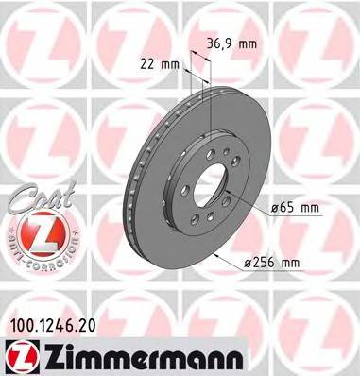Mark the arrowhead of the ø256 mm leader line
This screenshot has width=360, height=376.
[216, 251]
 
